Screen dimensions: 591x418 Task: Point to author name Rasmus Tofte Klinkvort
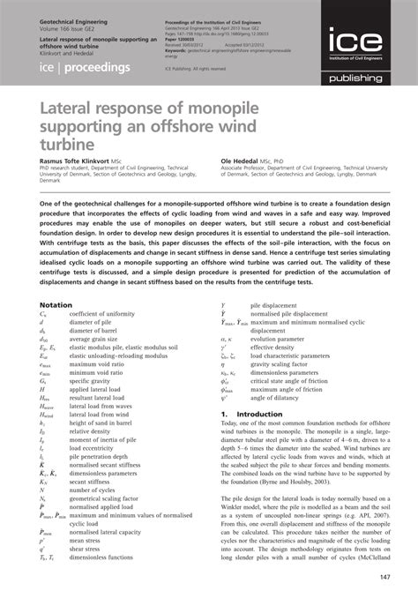81,161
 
